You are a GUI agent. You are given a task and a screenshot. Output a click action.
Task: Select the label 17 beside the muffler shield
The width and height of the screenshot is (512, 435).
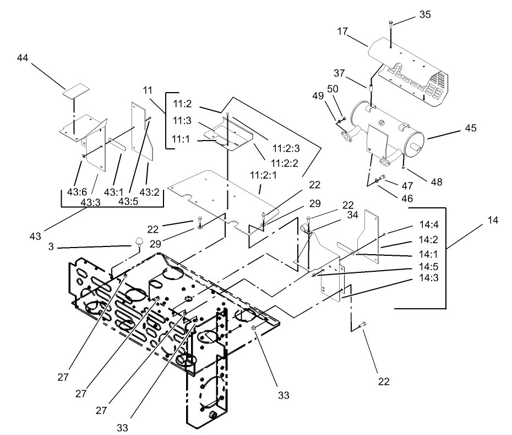342,32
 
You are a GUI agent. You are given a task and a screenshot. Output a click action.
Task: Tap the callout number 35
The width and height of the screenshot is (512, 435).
425,15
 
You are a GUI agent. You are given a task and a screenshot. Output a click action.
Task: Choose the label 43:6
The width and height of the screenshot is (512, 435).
78,192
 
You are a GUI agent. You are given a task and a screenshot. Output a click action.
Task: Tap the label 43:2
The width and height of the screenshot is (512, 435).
149,192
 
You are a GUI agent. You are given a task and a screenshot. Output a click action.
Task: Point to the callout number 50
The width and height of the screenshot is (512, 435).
334,89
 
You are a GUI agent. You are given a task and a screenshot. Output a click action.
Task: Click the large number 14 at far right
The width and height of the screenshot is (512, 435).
492,220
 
